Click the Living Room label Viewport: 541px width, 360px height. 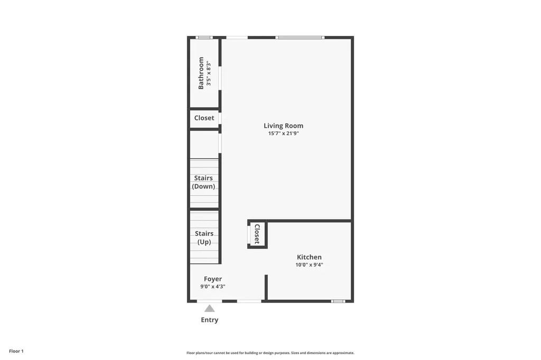click(x=283, y=126)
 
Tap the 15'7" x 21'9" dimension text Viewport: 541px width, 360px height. click(x=283, y=134)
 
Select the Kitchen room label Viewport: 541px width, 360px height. click(x=309, y=257)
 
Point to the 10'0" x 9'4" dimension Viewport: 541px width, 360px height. click(x=309, y=265)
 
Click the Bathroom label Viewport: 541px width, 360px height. click(x=201, y=73)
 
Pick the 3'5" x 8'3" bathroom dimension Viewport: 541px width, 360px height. click(x=209, y=73)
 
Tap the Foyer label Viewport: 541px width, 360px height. click(x=213, y=279)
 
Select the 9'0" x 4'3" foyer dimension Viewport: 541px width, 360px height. click(x=213, y=287)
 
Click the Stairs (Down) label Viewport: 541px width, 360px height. click(x=203, y=182)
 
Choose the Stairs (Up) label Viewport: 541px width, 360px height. click(x=204, y=238)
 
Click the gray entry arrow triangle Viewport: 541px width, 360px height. click(x=210, y=308)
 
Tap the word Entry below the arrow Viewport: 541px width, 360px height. click(x=210, y=320)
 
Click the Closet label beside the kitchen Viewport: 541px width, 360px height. click(x=257, y=234)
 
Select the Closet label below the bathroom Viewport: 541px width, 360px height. click(x=204, y=118)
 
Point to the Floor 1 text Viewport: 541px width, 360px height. click(x=16, y=351)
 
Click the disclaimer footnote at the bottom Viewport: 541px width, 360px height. click(x=270, y=353)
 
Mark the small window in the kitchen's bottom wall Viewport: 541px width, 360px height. click(x=338, y=301)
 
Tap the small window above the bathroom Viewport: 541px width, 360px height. click(x=204, y=37)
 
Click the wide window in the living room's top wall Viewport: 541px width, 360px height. click(x=300, y=37)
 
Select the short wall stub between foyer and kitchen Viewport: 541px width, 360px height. click(x=266, y=287)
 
